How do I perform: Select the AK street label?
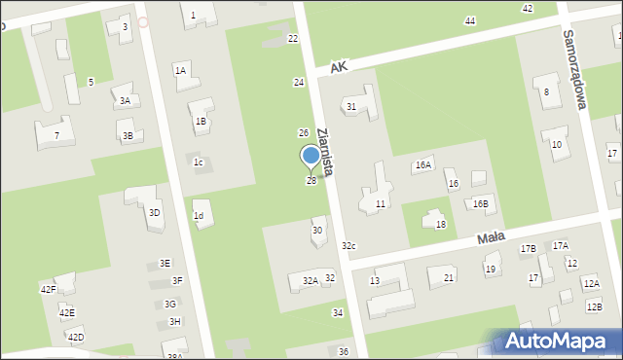point(338,67)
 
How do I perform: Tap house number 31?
point(351,106)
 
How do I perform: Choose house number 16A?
point(422,165)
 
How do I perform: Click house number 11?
point(381,203)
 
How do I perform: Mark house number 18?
point(440,225)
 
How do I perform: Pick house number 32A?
point(310,281)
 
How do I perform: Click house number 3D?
point(155,212)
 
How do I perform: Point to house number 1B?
point(201,121)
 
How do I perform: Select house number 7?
point(56,135)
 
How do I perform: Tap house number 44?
point(470,20)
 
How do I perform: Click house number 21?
point(448,278)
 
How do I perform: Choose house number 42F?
point(48,289)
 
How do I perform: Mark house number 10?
point(556,144)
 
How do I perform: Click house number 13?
point(375,280)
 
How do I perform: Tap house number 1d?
point(199,216)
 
